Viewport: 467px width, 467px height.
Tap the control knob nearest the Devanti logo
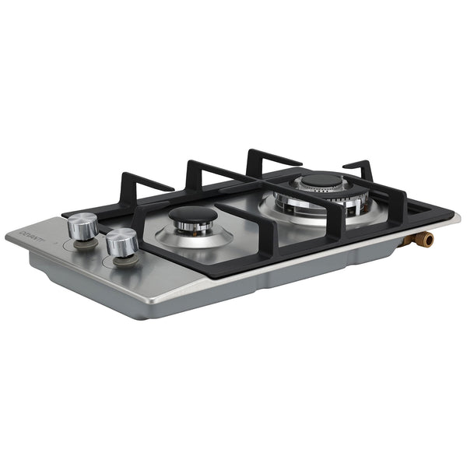[x=82, y=226]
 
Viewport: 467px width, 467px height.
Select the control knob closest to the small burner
[x=121, y=243]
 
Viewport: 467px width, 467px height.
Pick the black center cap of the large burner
[x=321, y=182]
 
